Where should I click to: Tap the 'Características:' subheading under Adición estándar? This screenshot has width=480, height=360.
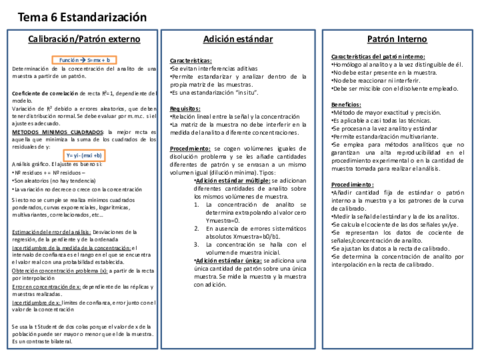click(190, 60)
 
